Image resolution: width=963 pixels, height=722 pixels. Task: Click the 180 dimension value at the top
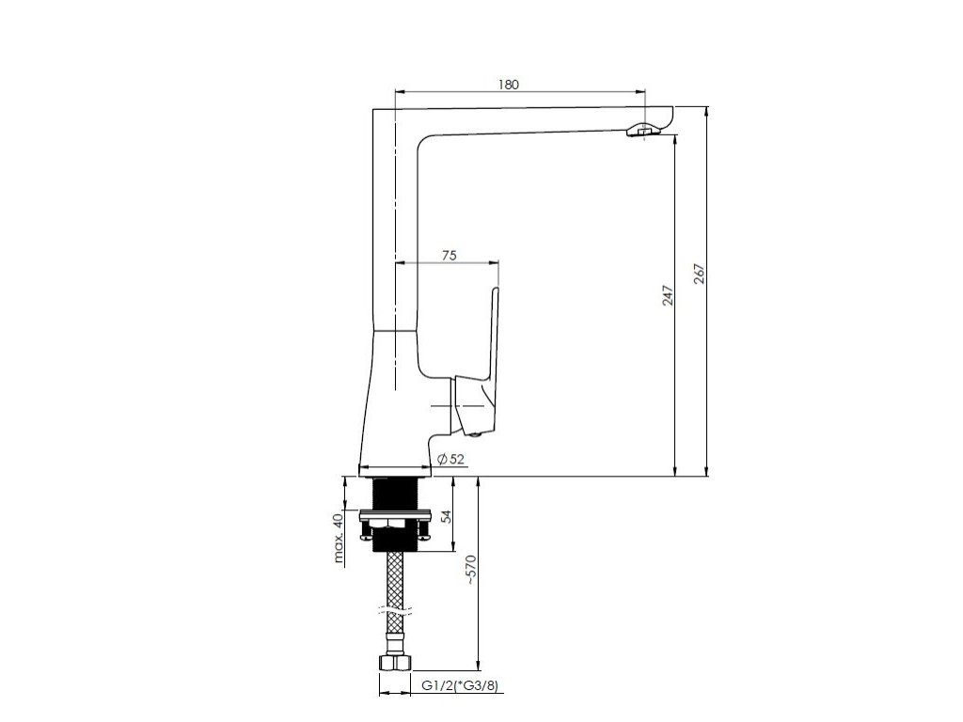point(509,84)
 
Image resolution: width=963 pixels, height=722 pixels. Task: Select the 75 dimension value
point(450,256)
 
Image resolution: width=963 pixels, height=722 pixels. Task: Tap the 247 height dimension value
point(669,295)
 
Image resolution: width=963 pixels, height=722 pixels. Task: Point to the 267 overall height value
point(700,274)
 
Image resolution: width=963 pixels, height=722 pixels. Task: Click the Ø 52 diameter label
point(450,459)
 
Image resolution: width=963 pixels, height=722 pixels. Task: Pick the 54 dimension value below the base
point(448,516)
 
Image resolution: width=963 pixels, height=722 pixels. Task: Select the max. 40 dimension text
point(338,539)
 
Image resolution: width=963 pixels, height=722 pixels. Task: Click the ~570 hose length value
point(470,569)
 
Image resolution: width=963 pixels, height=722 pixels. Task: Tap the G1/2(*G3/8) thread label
point(459,685)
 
